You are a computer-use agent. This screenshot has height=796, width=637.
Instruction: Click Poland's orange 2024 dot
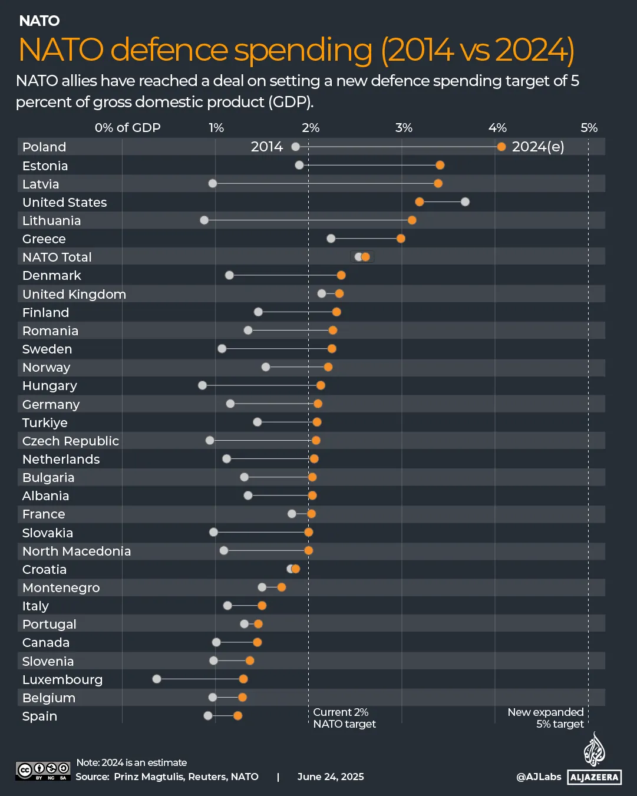[501, 147]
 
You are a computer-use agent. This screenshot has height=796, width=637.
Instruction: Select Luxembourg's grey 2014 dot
[157, 679]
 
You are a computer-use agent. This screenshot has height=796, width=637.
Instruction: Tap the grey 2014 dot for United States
[465, 202]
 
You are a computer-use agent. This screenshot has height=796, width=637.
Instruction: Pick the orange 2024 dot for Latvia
[438, 183]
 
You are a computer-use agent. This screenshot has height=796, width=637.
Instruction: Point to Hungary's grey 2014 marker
[203, 385]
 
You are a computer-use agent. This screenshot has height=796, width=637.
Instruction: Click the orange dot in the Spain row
[237, 715]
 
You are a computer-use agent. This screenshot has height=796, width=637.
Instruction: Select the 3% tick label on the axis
[404, 128]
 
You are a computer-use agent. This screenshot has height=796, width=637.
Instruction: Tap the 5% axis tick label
[589, 128]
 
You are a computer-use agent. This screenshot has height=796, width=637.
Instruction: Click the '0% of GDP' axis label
[127, 128]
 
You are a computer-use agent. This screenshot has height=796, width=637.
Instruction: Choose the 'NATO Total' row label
[57, 257]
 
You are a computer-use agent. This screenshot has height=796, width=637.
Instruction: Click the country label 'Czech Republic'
[71, 441]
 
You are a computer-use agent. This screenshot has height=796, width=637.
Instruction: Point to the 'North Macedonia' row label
[77, 551]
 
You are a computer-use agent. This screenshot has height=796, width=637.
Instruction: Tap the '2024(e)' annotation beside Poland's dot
[538, 147]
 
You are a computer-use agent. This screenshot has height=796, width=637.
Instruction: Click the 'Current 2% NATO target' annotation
[344, 718]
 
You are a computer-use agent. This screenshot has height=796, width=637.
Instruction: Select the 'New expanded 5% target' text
[546, 718]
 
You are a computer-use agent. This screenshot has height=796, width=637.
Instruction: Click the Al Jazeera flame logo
[594, 749]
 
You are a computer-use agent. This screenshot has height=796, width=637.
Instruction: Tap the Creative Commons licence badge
[43, 771]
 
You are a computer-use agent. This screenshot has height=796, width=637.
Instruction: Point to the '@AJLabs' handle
[539, 777]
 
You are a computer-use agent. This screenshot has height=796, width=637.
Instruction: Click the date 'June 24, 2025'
[331, 777]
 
